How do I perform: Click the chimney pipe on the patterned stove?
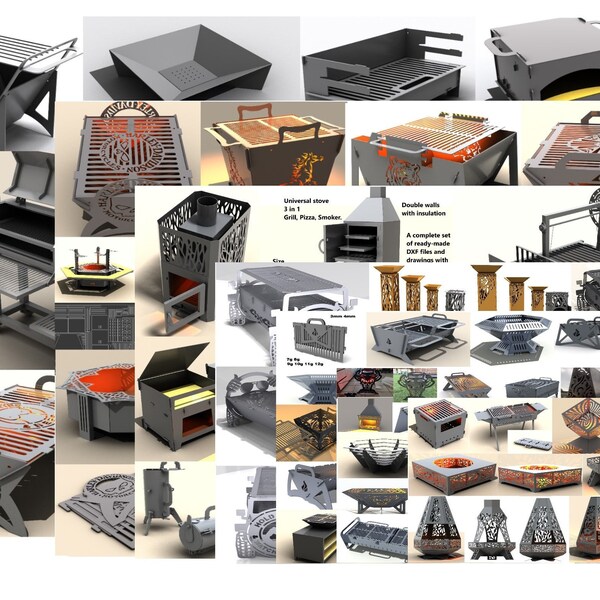(x=205, y=207)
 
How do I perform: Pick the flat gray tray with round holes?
(x=530, y=439)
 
